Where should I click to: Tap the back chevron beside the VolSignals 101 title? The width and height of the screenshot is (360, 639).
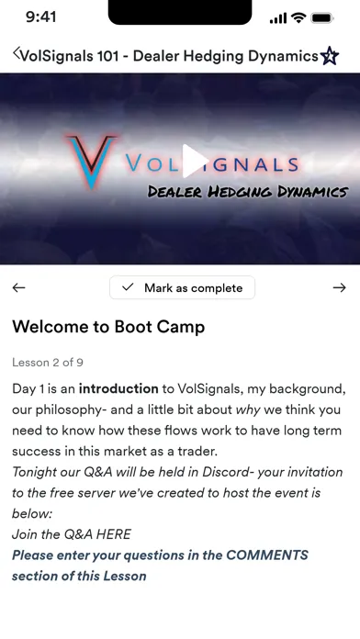coord(17,55)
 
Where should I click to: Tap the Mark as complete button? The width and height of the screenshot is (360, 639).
coord(182,287)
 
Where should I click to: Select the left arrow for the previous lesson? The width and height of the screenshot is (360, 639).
coord(18,287)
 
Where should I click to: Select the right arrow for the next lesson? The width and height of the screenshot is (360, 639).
coord(340,287)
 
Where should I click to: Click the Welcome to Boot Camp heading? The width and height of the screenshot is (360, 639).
coord(108,327)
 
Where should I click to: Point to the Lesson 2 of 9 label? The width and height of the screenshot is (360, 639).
coord(48,363)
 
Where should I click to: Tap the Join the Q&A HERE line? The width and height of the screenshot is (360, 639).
coord(72,533)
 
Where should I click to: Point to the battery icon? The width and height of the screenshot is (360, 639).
coord(322,17)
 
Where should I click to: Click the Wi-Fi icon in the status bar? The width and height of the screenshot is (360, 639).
coord(298,17)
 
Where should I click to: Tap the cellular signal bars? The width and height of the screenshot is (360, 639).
coord(278,17)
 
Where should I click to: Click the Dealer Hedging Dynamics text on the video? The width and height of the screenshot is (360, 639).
coord(248,191)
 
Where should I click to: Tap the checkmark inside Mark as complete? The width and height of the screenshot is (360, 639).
coord(128,287)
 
